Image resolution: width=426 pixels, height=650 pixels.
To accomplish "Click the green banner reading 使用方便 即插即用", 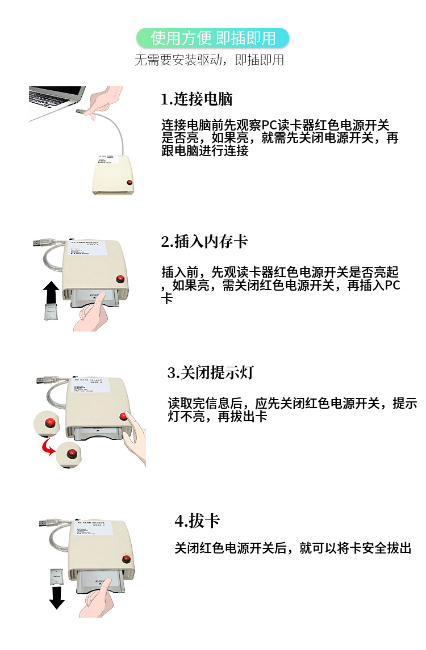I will [x=213, y=38].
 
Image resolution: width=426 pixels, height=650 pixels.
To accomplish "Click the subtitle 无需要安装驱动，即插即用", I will [x=209, y=60].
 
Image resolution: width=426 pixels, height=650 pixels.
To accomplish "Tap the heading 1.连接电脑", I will [x=197, y=99].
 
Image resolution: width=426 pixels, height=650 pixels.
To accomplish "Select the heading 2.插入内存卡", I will [x=204, y=241].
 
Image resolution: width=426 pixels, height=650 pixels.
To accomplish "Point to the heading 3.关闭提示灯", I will [x=210, y=373].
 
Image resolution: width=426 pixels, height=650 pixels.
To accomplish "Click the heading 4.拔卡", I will [x=197, y=521].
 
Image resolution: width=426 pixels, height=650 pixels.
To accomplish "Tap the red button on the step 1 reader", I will [x=130, y=183].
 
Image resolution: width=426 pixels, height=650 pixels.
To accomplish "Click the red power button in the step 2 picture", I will [x=120, y=278].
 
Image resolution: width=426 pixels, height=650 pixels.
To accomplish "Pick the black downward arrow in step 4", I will [x=57, y=597].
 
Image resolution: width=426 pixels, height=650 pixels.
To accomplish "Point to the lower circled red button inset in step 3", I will [x=72, y=454].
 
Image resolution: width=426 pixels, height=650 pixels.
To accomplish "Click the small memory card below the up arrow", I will [x=52, y=312].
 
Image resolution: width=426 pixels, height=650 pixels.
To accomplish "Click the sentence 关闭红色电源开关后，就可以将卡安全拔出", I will [x=293, y=548].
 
